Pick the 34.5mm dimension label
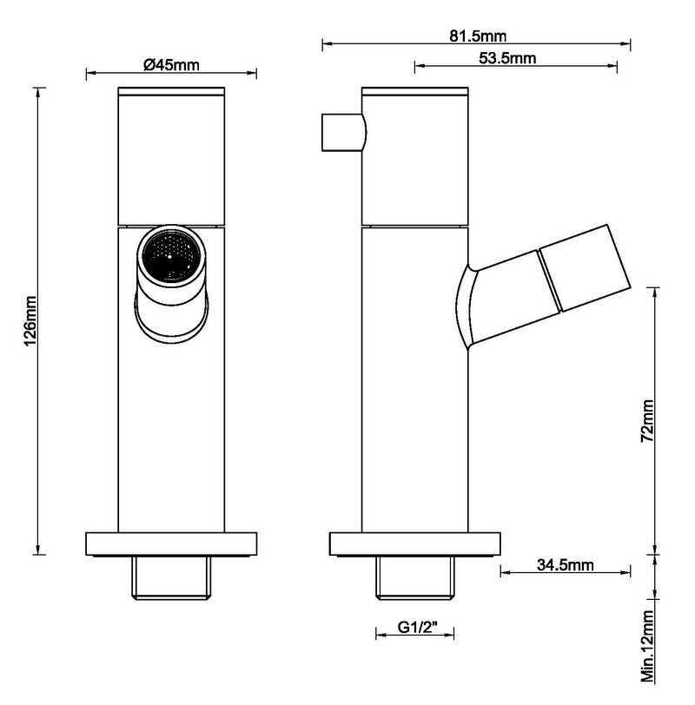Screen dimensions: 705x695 click(565, 566)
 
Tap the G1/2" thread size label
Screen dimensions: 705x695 click(415, 628)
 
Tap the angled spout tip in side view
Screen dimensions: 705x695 click(586, 270)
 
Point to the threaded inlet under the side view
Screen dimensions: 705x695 click(415, 577)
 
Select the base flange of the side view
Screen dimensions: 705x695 click(415, 543)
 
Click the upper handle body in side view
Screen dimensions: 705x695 click(415, 156)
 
